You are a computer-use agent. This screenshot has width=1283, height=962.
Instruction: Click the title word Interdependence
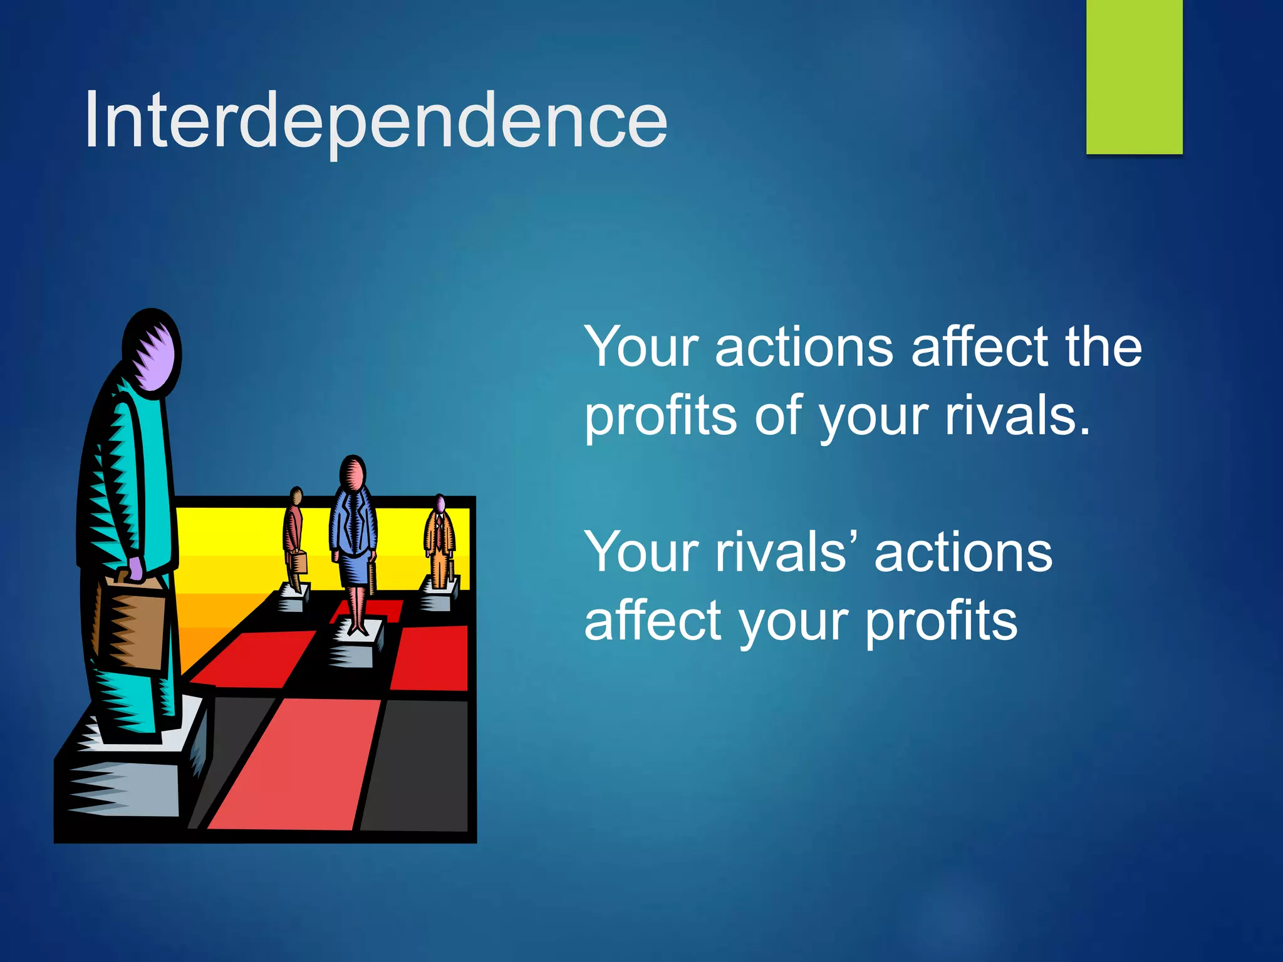(376, 120)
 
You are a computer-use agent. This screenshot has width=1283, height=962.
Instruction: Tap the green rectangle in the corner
(1134, 76)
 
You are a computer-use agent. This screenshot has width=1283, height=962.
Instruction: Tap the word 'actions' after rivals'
(963, 552)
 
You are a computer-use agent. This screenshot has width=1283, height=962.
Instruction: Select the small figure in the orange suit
(440, 545)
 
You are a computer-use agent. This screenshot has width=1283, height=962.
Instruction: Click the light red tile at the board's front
(294, 764)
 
